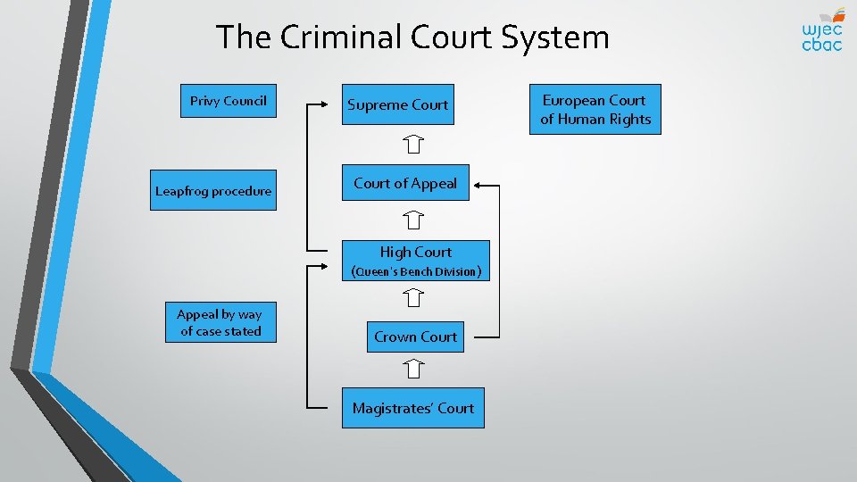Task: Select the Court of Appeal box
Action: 405,183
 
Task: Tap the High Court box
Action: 416,253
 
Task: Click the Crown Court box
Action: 415,337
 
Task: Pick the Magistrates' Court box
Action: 412,408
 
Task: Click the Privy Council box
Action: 228,101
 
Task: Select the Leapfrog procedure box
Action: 213,190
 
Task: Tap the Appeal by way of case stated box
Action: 220,322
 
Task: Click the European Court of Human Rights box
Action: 595,110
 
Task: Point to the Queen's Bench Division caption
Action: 416,271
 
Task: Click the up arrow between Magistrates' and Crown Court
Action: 412,368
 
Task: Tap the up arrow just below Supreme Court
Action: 412,143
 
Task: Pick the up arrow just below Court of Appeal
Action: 412,218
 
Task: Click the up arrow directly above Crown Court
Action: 412,298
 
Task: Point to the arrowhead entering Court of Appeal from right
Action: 478,185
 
